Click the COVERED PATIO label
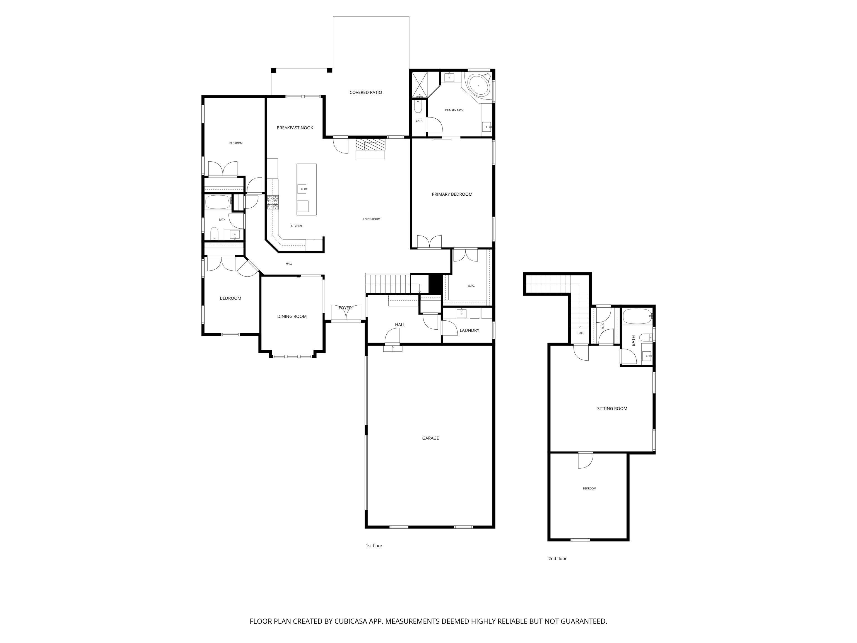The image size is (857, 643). pyautogui.click(x=366, y=93)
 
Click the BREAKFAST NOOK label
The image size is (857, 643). pyautogui.click(x=295, y=128)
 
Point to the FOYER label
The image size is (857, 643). pyautogui.click(x=345, y=308)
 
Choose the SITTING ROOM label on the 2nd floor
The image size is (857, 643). pyautogui.click(x=612, y=409)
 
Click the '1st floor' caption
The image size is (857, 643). pyautogui.click(x=374, y=546)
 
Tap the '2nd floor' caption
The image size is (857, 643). pyautogui.click(x=557, y=558)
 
